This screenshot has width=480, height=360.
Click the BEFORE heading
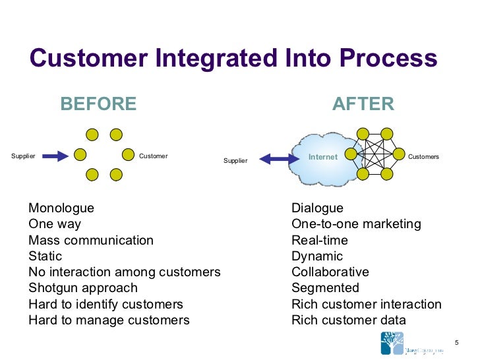tap(98, 104)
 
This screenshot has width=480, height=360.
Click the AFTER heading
tap(363, 104)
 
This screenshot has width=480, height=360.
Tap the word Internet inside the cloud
tap(323, 157)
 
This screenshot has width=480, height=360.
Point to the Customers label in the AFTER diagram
tap(423, 157)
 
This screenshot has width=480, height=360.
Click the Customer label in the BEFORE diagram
tap(154, 156)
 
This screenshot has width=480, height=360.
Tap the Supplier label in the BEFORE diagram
tap(23, 156)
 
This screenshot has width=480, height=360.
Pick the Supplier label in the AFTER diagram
tap(235, 161)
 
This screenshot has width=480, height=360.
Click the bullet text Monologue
tap(61, 208)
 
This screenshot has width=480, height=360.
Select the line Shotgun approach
tap(83, 288)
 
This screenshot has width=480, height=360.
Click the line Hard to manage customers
tap(109, 320)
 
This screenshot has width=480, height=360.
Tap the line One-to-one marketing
tap(356, 224)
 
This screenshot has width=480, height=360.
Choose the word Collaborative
tap(330, 272)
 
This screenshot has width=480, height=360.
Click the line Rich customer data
tap(349, 320)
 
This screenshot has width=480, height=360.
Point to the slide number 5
tap(456, 341)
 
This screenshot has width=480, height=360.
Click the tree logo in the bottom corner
tap(394, 344)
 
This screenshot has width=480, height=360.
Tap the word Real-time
tap(320, 241)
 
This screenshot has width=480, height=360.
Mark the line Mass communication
tap(91, 241)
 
